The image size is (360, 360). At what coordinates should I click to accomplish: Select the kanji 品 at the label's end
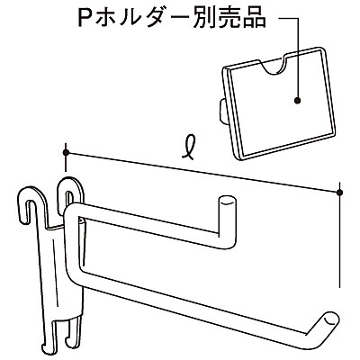254,18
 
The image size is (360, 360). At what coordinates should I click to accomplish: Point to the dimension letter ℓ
190,146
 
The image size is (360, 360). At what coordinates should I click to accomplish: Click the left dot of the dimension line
66,152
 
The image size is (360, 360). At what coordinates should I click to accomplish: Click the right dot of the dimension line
339,193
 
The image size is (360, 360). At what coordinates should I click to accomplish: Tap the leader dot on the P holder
297,101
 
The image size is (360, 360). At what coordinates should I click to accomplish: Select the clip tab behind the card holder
223,111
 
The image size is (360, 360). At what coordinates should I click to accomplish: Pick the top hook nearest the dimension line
71,192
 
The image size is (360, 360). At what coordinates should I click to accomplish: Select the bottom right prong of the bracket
74,330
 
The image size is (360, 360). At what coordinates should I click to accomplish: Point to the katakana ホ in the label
109,18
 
